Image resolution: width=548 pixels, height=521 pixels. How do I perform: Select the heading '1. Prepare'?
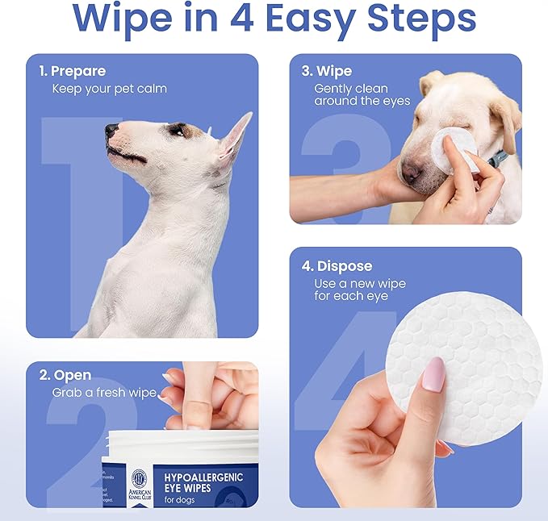tap(73, 71)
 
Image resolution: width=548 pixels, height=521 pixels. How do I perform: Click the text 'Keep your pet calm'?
tap(109, 88)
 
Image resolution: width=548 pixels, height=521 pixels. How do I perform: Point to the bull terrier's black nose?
tap(111, 131)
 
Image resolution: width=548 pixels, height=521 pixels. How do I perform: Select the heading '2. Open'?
tap(65, 375)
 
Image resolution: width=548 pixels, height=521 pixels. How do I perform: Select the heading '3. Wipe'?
tap(327, 71)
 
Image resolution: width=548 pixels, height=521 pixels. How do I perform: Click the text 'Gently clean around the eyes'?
tap(362, 94)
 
